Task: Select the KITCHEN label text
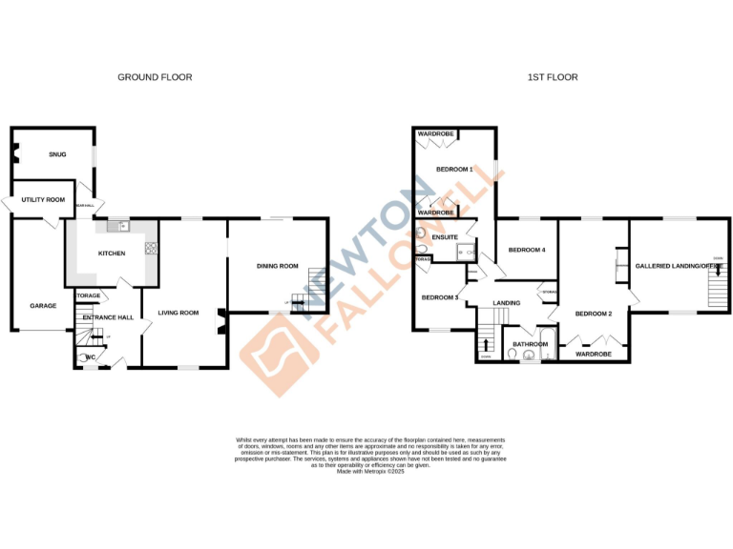click(113, 254)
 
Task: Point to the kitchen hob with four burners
click(149, 249)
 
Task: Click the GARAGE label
click(43, 306)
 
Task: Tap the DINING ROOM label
click(278, 266)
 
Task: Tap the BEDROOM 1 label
click(454, 170)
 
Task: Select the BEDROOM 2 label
click(593, 313)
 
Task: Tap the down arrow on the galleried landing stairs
click(717, 271)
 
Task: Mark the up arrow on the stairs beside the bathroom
click(488, 346)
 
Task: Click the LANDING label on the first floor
click(506, 304)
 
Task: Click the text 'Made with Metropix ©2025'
click(370, 471)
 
